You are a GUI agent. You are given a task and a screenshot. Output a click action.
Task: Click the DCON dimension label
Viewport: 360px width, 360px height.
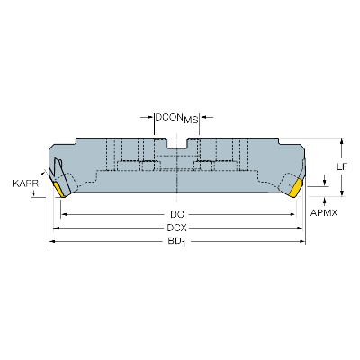click(169, 117)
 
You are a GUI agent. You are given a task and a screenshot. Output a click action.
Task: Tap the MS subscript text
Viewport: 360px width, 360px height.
click(191, 119)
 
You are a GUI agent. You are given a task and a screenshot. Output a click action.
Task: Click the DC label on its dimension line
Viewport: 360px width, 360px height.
click(178, 214)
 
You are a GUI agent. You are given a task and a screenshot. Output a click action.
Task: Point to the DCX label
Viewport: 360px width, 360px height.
click(178, 229)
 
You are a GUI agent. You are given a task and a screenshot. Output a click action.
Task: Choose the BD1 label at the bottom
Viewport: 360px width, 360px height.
click(178, 243)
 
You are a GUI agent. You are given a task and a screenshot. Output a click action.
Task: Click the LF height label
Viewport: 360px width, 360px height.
click(343, 166)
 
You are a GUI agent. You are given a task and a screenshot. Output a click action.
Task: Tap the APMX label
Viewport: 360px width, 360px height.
click(324, 212)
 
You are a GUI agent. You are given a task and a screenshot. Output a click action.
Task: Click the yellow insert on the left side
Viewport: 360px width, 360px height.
click(60, 190)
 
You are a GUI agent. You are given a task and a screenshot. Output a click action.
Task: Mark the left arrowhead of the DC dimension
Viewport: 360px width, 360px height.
click(64, 214)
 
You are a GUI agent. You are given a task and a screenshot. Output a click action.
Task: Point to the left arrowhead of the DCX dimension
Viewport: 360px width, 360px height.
click(55, 229)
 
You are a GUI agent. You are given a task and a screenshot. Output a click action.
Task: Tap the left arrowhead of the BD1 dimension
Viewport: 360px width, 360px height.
click(50, 243)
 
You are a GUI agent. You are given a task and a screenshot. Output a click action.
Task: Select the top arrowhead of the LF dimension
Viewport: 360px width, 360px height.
click(342, 140)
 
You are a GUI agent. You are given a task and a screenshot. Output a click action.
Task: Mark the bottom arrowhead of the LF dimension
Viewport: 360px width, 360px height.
click(342, 193)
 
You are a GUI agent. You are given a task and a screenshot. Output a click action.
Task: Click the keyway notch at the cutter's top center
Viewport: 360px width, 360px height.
click(178, 142)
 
